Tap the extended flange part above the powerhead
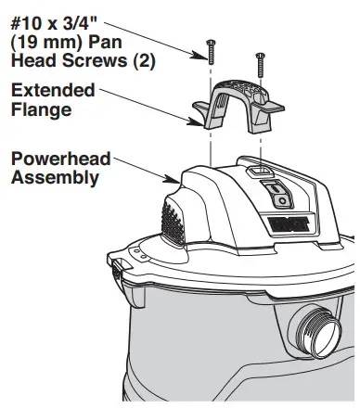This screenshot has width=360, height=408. click(235, 107)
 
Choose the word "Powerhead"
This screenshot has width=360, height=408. click(60, 157)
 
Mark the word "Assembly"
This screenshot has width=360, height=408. click(54, 176)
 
